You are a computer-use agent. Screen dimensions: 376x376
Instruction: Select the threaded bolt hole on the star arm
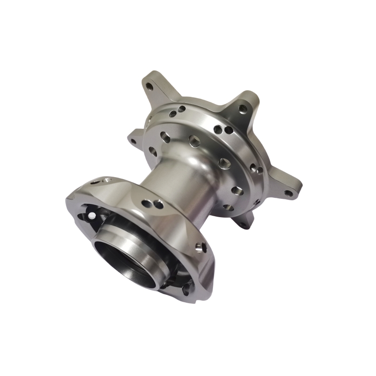pos(243,109)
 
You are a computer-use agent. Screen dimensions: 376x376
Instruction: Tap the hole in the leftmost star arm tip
pos(133,141)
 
